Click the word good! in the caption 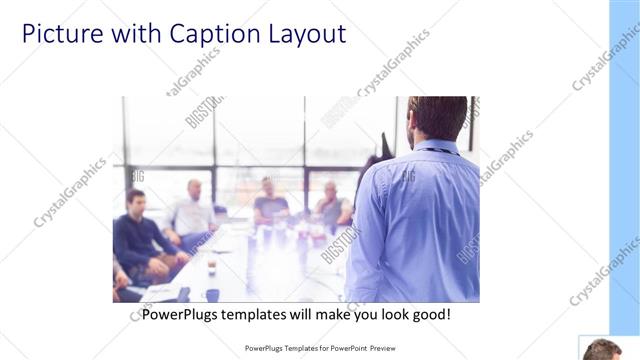click(x=428, y=315)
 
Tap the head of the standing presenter click(x=438, y=116)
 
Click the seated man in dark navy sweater click(x=138, y=235)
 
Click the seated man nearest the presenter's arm click(x=332, y=205)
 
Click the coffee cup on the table click(x=212, y=266)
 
